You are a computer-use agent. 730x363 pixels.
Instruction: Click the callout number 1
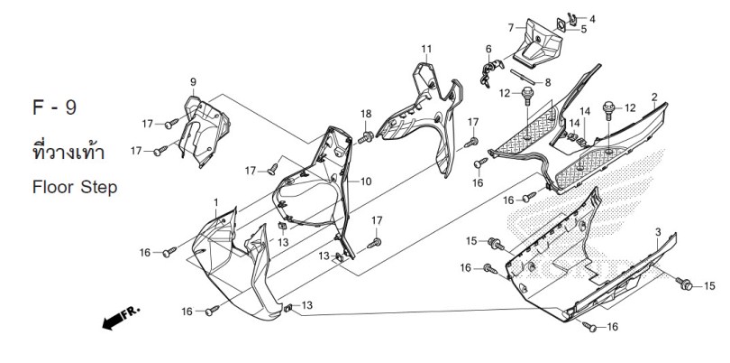(x=216, y=202)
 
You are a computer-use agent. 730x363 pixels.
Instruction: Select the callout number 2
(x=654, y=97)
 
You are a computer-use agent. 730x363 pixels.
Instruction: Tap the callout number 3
(x=658, y=232)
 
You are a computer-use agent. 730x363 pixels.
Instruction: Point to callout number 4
(x=592, y=19)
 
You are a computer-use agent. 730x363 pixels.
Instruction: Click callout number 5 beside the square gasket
(x=583, y=30)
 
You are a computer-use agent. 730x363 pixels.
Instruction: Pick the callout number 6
(x=488, y=49)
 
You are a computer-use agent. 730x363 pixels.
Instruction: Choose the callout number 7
(x=511, y=27)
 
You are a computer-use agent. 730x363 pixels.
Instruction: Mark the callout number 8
(x=548, y=82)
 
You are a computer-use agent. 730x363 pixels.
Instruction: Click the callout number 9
(x=193, y=82)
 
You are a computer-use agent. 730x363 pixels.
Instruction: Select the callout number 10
(x=366, y=181)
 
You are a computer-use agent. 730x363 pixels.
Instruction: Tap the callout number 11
(x=426, y=49)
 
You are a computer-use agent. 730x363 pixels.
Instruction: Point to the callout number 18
(x=366, y=114)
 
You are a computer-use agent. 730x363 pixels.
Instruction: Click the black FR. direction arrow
(x=120, y=319)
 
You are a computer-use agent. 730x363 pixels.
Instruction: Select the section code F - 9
(x=54, y=107)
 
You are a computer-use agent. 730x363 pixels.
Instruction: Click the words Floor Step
(x=75, y=188)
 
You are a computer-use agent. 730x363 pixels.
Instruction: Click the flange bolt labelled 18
(x=366, y=137)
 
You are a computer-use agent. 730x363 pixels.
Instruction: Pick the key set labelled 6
(x=490, y=72)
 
